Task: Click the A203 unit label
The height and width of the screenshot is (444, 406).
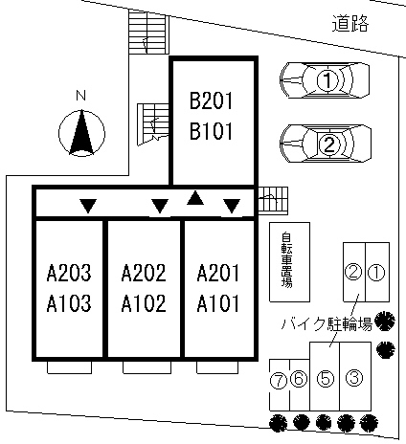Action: coord(68,275)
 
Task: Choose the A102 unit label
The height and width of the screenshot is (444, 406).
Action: coord(144,304)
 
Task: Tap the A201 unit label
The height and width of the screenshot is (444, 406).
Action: coord(218,275)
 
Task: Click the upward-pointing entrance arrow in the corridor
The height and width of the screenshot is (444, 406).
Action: coord(195,199)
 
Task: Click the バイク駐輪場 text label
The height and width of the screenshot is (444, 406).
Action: coord(325,325)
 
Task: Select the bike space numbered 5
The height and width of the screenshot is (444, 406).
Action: coord(326,379)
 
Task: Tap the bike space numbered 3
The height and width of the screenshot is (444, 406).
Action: coord(353,379)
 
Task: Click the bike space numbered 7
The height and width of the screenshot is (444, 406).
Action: coord(277,380)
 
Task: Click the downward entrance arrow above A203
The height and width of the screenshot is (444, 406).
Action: coord(88,205)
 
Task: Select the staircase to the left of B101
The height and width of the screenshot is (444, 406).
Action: coord(151,122)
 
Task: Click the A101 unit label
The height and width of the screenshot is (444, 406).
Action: coord(218,304)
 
